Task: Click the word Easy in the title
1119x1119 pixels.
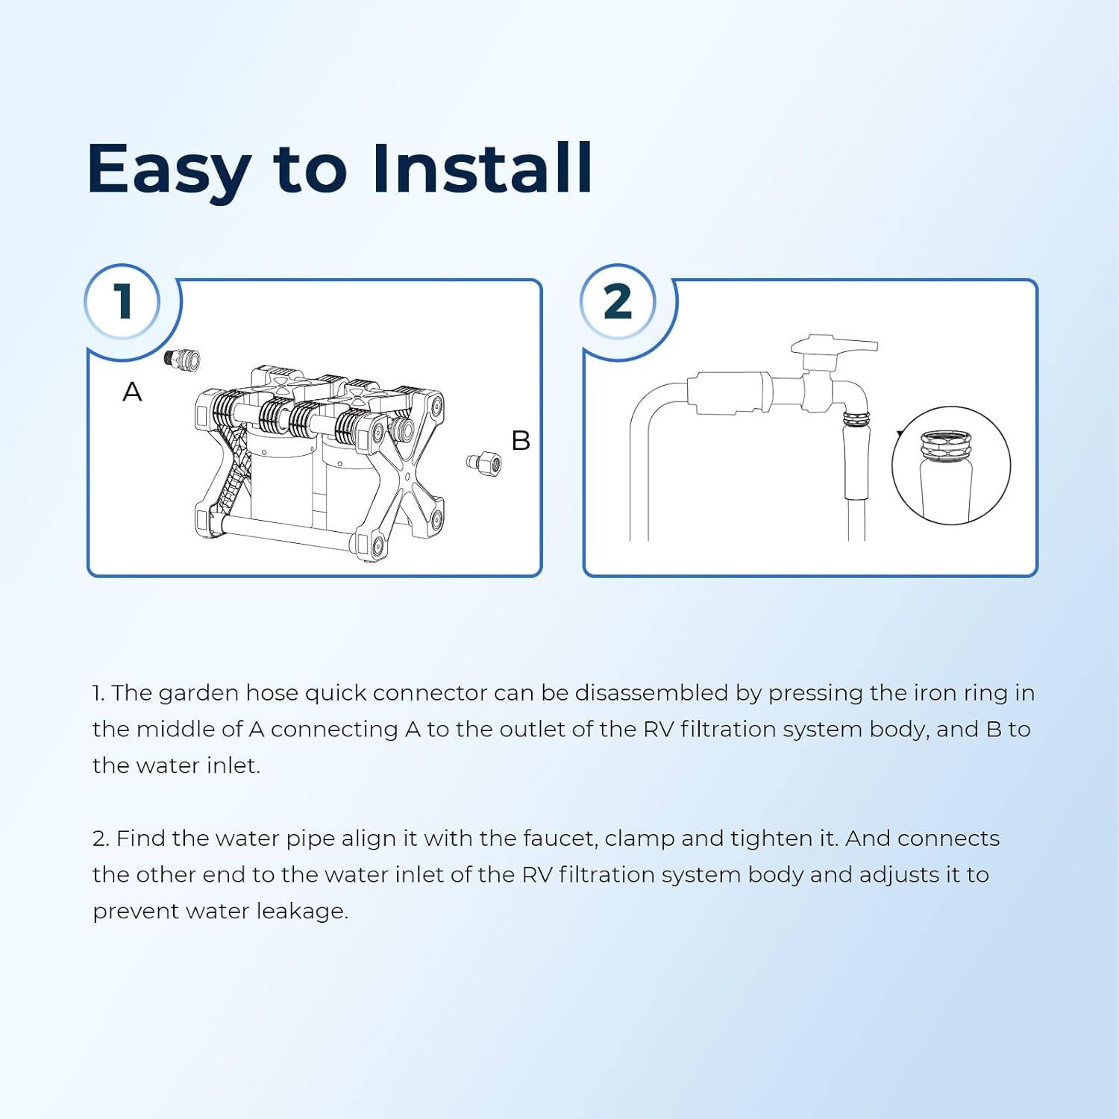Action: [x=168, y=170]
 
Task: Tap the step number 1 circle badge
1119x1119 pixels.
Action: [x=122, y=301]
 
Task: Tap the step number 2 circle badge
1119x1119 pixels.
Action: [x=618, y=301]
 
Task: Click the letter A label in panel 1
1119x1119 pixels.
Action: [x=132, y=392]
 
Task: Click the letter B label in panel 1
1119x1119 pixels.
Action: [x=521, y=441]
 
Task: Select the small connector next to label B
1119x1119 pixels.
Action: [x=484, y=462]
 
